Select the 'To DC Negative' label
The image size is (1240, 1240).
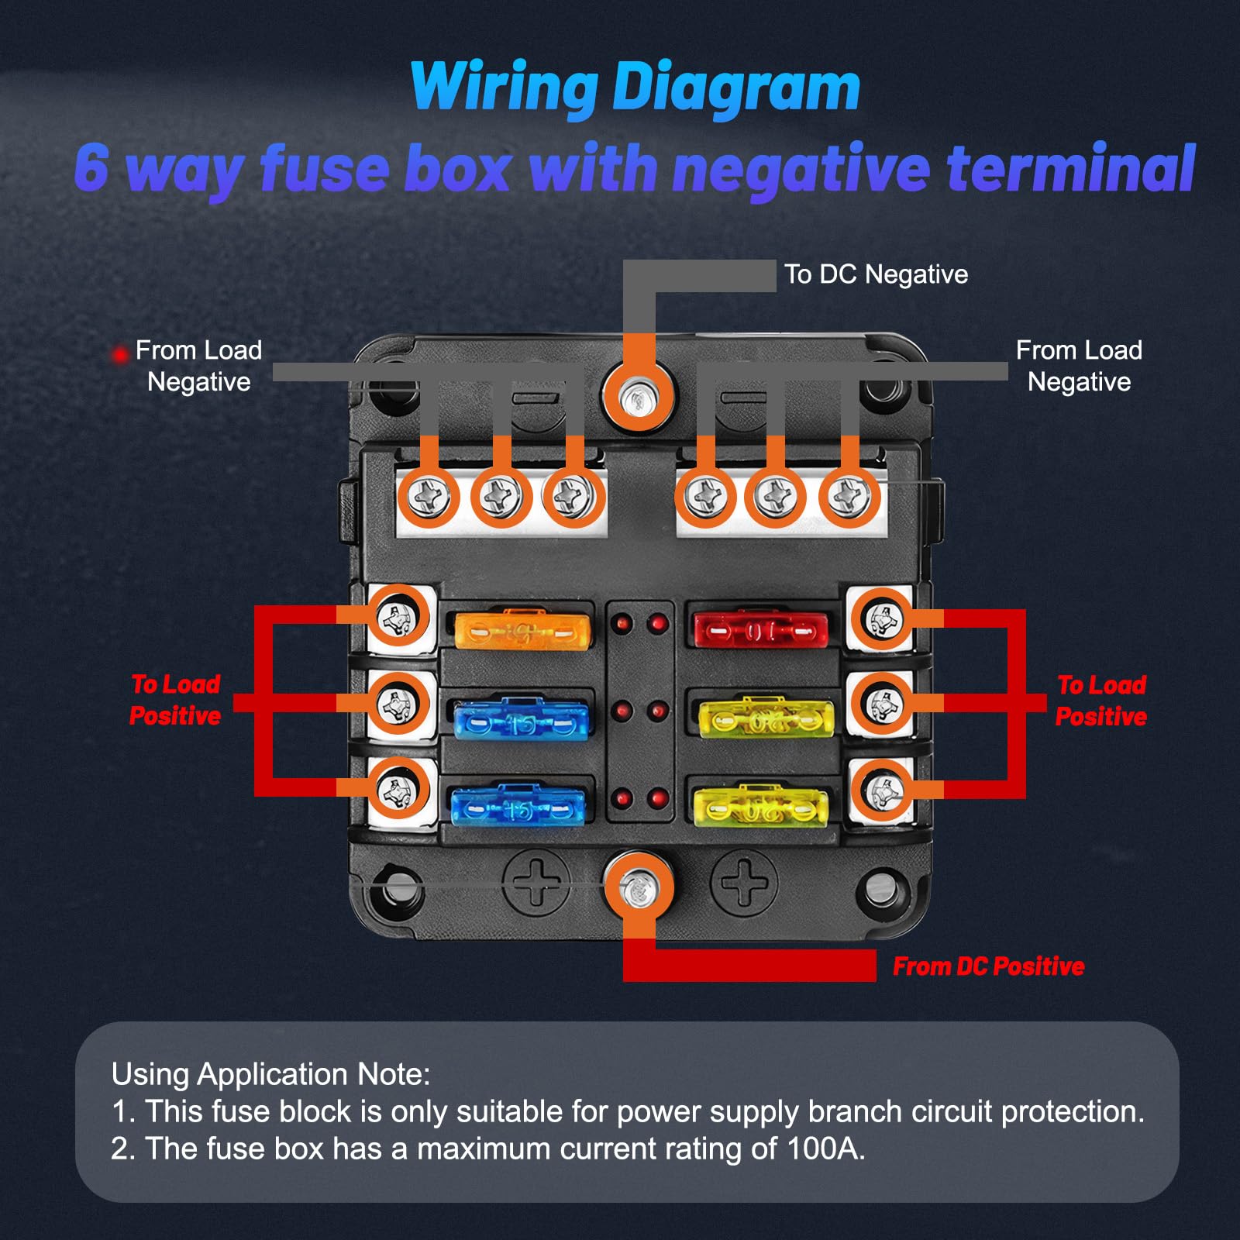[876, 274]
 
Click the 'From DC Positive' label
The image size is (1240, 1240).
[988, 966]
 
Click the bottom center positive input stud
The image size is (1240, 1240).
[639, 888]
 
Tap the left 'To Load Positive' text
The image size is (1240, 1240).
[175, 700]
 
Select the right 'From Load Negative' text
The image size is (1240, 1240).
[1079, 366]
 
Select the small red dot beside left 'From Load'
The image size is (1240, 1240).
[119, 355]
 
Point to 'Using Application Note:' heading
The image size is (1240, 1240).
[270, 1074]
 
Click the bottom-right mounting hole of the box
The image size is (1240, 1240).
[880, 888]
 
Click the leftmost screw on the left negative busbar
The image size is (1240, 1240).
[429, 496]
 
